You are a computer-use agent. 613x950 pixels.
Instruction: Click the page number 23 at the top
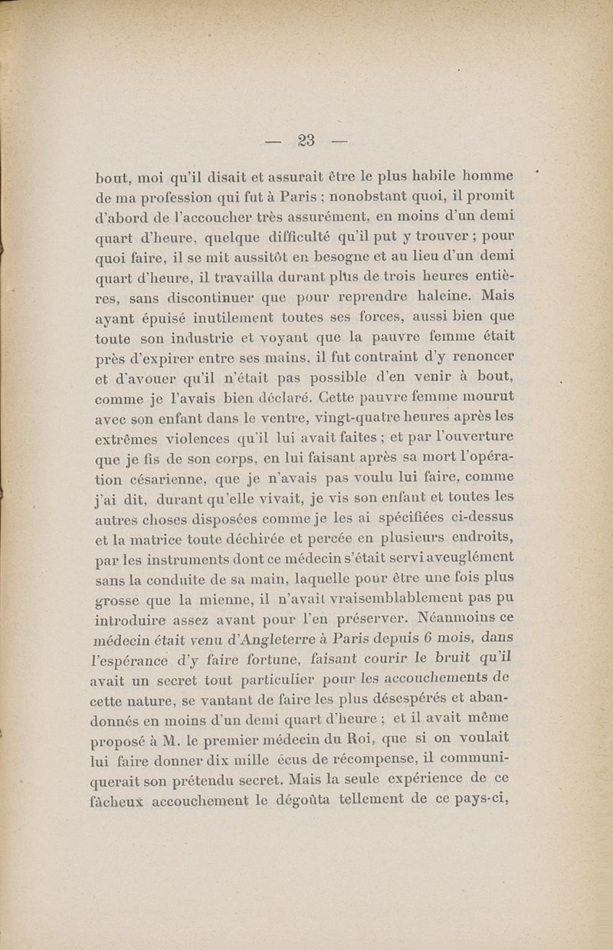(x=306, y=140)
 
